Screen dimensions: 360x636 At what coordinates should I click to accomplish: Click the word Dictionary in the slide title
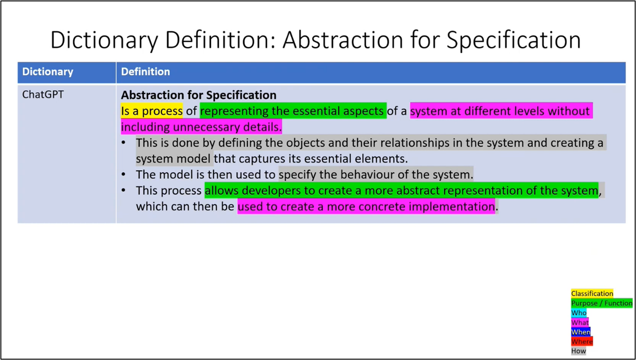coord(104,40)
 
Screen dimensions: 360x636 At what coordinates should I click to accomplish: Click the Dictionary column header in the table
coord(48,72)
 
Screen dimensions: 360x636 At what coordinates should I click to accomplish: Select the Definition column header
coord(146,72)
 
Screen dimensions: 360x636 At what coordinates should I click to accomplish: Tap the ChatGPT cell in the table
coord(43,95)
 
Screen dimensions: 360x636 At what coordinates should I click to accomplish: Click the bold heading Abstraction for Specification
coord(199,95)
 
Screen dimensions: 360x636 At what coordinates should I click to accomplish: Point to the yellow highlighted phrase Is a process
coord(152,111)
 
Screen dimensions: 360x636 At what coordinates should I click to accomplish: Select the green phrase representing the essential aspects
coord(293,111)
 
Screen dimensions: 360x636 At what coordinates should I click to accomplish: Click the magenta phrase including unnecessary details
coord(201,127)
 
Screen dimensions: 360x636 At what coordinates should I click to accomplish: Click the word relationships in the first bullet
coord(409,143)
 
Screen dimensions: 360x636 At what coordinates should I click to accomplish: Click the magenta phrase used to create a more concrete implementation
coord(366,206)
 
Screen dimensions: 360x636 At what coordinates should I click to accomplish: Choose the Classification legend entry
coord(592,293)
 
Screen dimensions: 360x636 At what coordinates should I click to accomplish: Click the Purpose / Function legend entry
coord(602,303)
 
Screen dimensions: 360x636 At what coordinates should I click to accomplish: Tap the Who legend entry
coord(579,313)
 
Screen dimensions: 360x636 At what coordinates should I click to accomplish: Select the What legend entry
coord(580,323)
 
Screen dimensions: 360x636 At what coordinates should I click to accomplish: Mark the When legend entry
coord(581,332)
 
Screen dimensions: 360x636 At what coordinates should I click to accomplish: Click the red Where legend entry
coord(581,342)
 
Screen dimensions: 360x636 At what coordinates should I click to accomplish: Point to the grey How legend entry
coord(578,351)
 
